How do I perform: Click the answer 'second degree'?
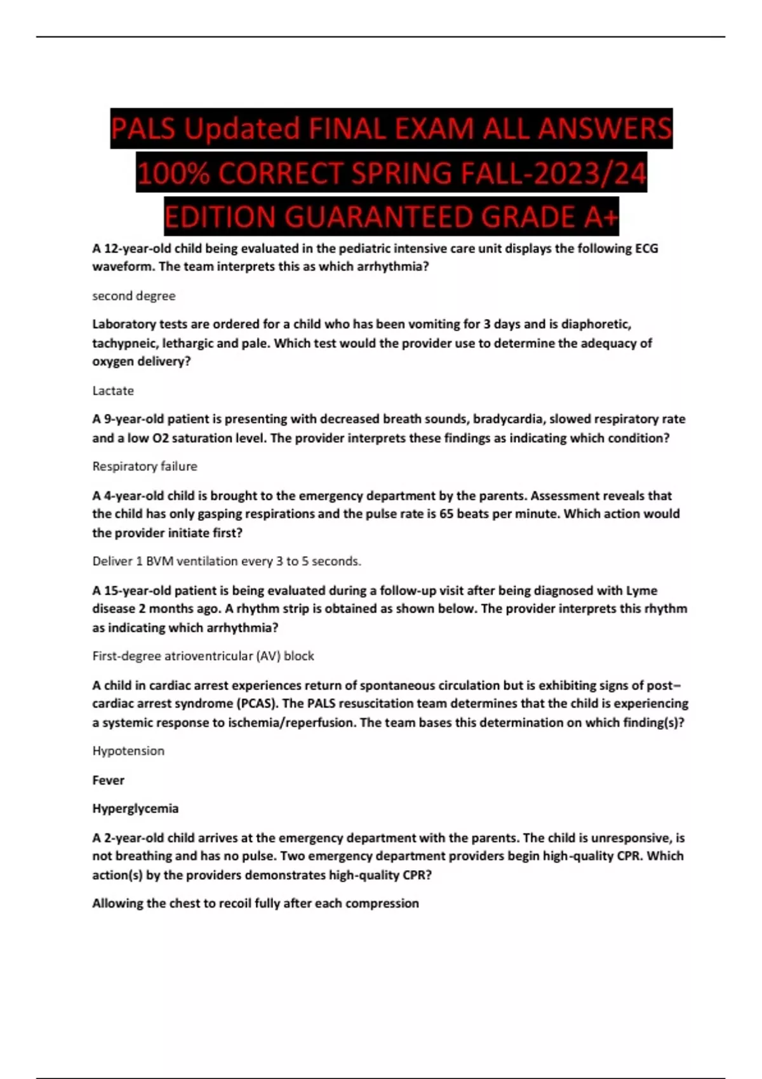133,296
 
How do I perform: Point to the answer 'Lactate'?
113,390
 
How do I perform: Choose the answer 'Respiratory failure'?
145,467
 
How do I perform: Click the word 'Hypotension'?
128,751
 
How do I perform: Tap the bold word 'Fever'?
108,780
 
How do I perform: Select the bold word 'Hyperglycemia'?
135,809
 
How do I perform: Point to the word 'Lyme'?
641,590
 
